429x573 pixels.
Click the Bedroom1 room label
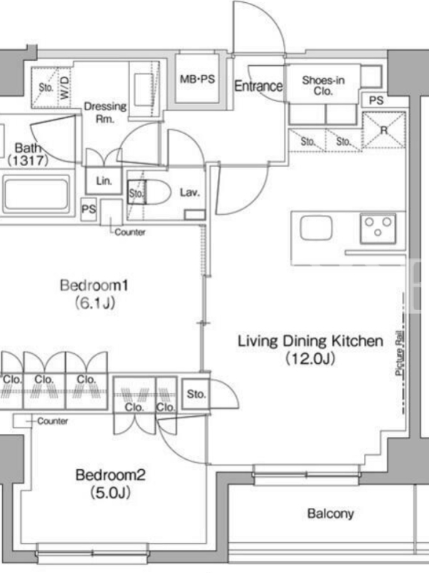[x=94, y=285]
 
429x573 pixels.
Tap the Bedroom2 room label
[x=110, y=475]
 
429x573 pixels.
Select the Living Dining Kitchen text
[x=310, y=341]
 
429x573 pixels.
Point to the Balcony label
[x=330, y=514]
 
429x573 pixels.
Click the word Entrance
[x=258, y=86]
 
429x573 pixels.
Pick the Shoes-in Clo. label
[x=323, y=85]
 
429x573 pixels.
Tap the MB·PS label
[x=197, y=79]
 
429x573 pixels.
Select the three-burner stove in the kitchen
[x=378, y=228]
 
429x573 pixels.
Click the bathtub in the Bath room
[x=36, y=194]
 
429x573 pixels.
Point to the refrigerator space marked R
[x=383, y=130]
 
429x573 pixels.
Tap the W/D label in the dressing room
[x=64, y=87]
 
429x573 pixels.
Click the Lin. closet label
[x=104, y=181]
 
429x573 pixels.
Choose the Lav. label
[x=189, y=192]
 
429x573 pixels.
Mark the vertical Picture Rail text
[x=400, y=353]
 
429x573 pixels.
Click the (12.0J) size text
[x=310, y=359]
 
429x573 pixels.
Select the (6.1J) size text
[x=94, y=303]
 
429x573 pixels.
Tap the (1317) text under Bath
[x=28, y=160]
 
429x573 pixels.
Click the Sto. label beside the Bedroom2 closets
[x=196, y=394]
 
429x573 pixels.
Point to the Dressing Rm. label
[x=105, y=112]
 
